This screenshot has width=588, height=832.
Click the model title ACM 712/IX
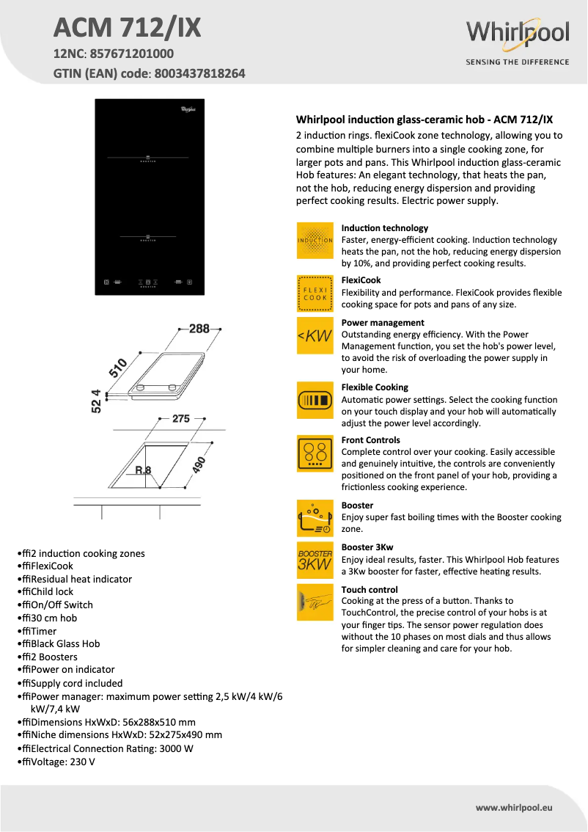click(127, 29)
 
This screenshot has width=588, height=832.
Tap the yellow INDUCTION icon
click(315, 241)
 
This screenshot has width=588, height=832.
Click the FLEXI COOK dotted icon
click(315, 293)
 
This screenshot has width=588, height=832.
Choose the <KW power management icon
click(315, 336)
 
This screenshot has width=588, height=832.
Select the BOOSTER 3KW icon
click(315, 559)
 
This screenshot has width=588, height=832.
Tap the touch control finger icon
click(315, 602)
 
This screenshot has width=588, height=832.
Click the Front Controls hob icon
click(315, 453)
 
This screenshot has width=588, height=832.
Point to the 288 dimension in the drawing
click(199, 329)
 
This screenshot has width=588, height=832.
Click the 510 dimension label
click(119, 367)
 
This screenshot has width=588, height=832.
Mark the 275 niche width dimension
click(181, 419)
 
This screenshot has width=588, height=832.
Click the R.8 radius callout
click(143, 470)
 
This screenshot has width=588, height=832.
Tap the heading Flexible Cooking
click(375, 387)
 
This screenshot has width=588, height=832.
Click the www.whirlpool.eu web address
click(513, 807)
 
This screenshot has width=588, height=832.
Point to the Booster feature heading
click(357, 506)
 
